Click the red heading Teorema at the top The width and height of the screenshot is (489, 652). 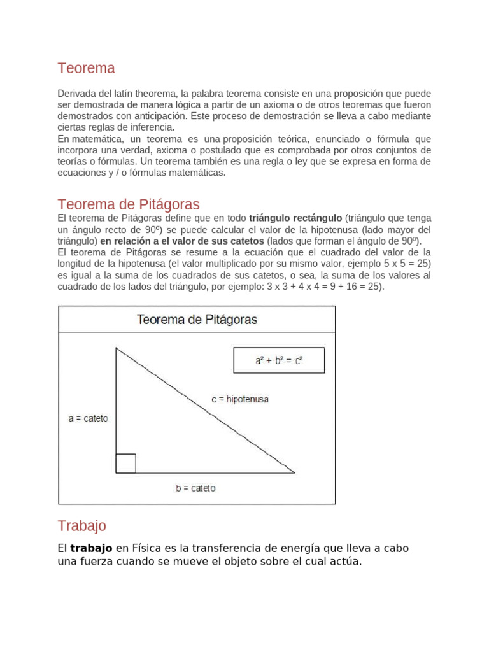click(x=86, y=68)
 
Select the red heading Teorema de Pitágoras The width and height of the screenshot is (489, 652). click(x=128, y=204)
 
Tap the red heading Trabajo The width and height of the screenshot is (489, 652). click(x=81, y=526)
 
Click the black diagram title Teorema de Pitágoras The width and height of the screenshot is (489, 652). click(x=197, y=320)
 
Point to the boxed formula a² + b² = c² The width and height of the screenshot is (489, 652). click(x=279, y=360)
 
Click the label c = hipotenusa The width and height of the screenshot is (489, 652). click(x=240, y=399)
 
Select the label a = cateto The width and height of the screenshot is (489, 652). click(x=88, y=418)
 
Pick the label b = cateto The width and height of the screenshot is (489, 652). click(x=195, y=488)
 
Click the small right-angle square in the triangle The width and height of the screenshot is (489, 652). click(x=126, y=463)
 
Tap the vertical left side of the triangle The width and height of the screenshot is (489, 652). click(x=117, y=407)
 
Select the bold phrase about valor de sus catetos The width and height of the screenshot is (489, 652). click(x=182, y=241)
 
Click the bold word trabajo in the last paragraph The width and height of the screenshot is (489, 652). click(x=91, y=548)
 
